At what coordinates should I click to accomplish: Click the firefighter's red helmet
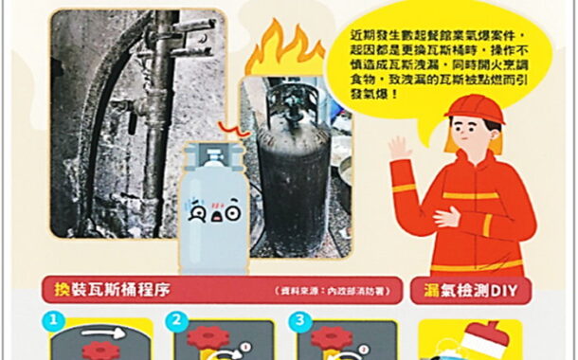474,108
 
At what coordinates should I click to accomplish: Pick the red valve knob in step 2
201,339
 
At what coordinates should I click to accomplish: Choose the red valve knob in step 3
332,339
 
